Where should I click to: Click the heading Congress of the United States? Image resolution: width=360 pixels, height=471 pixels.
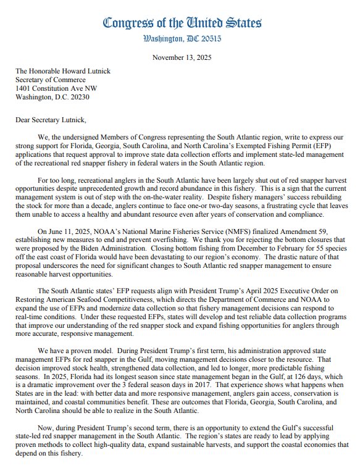pos(182,23)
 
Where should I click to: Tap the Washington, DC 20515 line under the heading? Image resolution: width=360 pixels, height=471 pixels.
pos(182,38)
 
